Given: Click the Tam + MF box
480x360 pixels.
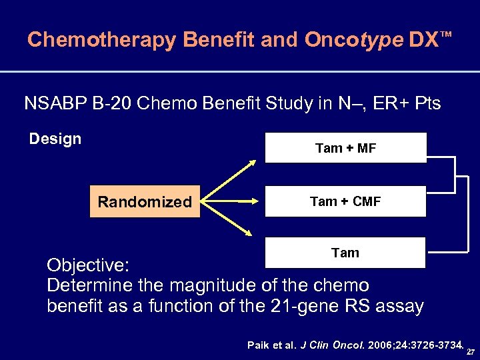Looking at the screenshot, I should [345, 148].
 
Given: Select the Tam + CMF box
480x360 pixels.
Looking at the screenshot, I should [345, 201].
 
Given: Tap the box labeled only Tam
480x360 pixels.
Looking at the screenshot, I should [345, 253].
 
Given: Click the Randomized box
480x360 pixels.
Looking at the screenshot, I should [145, 201].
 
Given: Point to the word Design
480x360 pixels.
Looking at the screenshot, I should [55, 139].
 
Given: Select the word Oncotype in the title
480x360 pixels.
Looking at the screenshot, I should [353, 40].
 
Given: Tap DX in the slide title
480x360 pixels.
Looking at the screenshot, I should [424, 40].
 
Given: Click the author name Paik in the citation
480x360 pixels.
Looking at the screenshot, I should [259, 345].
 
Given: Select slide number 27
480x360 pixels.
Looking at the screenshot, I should [471, 351].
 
